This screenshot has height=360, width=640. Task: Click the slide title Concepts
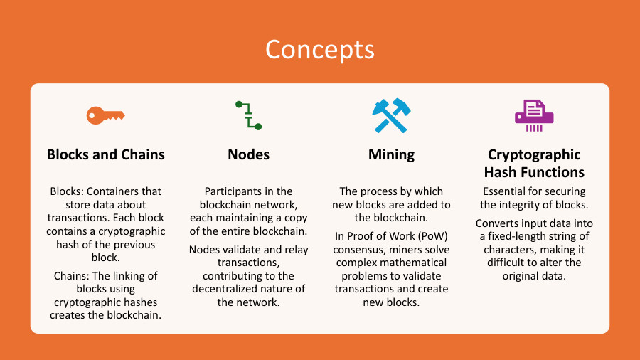click(x=319, y=49)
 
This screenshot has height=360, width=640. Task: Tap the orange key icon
click(x=105, y=115)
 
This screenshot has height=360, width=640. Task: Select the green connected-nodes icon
click(x=248, y=115)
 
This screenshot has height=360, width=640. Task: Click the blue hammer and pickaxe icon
click(x=391, y=115)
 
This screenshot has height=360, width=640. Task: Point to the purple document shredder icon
click(x=534, y=115)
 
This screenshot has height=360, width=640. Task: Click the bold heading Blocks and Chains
click(x=105, y=154)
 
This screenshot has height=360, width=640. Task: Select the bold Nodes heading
click(x=248, y=154)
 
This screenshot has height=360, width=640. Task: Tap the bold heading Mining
click(x=391, y=154)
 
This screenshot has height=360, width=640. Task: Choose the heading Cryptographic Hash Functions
click(x=534, y=164)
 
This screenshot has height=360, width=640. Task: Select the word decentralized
click(x=229, y=289)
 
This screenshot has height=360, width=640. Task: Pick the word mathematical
click(x=415, y=263)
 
